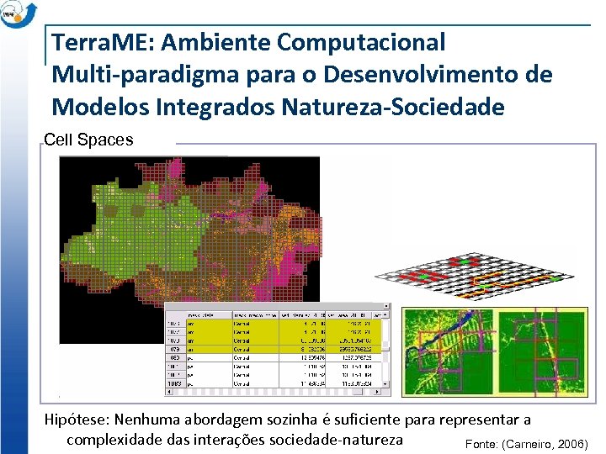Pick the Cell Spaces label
[x=88, y=140]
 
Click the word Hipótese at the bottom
[x=77, y=419]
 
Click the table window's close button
[x=386, y=308]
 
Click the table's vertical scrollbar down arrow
[x=386, y=383]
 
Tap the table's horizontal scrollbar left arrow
[x=169, y=391]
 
